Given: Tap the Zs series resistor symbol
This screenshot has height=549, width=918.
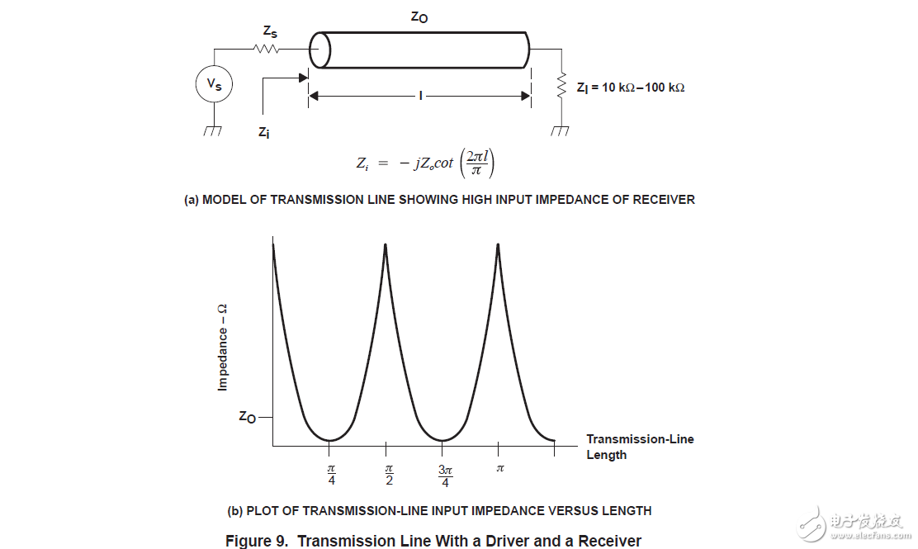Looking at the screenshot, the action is click(267, 50).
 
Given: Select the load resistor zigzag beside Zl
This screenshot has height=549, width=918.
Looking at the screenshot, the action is click(561, 86).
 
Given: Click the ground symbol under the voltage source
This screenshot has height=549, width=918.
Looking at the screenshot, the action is click(213, 130).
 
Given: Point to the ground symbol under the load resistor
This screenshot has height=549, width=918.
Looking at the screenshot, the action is click(561, 130).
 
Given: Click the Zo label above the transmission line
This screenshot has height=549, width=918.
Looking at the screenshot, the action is click(419, 17).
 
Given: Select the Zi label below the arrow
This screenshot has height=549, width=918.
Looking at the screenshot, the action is click(264, 133).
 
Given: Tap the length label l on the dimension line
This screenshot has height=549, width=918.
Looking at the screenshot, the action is click(420, 96).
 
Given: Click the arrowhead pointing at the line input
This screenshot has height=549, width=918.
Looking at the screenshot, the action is click(303, 78).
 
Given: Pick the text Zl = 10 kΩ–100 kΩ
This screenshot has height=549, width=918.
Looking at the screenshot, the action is click(631, 88).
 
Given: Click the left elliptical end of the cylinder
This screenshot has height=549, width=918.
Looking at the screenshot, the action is click(319, 50).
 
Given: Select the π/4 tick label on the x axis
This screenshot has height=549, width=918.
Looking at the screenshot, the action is click(331, 475).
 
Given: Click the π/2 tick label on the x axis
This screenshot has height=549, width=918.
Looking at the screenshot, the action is click(389, 475).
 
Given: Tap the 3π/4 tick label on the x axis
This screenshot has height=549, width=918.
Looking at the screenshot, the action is click(445, 476).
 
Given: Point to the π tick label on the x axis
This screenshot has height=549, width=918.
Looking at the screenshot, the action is click(500, 468).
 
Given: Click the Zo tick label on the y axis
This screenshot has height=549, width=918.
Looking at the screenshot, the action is click(248, 417).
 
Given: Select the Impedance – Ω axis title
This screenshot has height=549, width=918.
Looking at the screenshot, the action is click(222, 347).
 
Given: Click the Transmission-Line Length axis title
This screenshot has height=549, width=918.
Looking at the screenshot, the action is click(640, 447).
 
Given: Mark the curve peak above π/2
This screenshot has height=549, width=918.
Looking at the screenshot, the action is click(386, 244).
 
